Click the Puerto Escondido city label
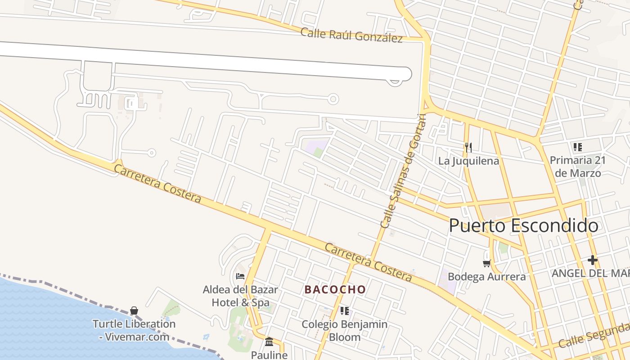523,225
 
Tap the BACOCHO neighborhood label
335,289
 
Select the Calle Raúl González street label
351,35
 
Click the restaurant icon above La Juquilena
468,147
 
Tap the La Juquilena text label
468,161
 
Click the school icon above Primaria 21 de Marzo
578,147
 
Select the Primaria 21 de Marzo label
578,166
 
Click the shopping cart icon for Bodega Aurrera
486,263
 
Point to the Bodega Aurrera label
486,277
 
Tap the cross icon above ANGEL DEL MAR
593,260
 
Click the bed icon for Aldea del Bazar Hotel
240,276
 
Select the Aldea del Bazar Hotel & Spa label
240,296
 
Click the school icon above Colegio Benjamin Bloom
345,310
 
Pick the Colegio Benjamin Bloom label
345,330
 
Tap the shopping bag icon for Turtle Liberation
134,310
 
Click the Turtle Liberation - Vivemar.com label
134,330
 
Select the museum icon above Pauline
269,342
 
